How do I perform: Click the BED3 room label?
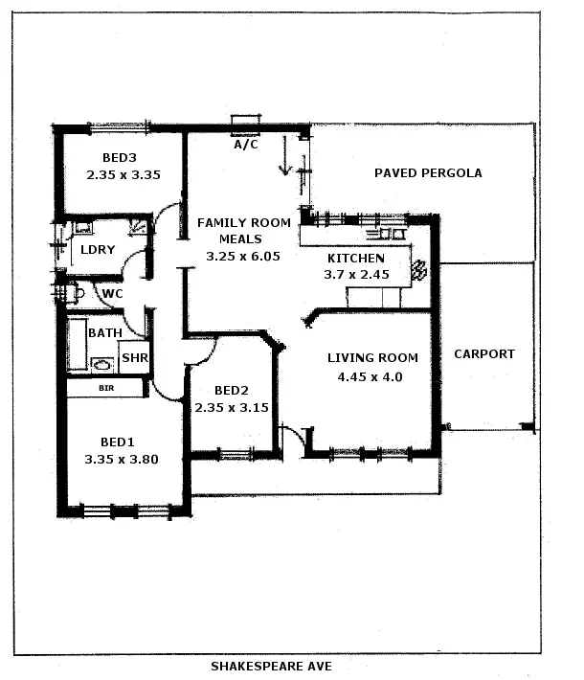coord(122,158)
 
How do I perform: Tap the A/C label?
coord(246,146)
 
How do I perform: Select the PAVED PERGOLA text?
coord(428,173)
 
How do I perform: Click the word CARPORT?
coord(483,353)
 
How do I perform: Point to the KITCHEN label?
coord(356,259)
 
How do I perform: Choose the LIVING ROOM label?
coord(372,358)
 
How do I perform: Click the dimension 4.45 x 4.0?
coord(370,376)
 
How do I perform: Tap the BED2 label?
coord(232,390)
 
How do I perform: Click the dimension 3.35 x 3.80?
coord(121,459)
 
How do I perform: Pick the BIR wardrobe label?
coord(106,388)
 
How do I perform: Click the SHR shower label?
coord(135,357)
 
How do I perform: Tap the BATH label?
coord(104,332)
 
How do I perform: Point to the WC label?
coord(112,293)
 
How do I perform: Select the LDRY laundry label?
coord(98,250)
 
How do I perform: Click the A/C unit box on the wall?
coord(246,122)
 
